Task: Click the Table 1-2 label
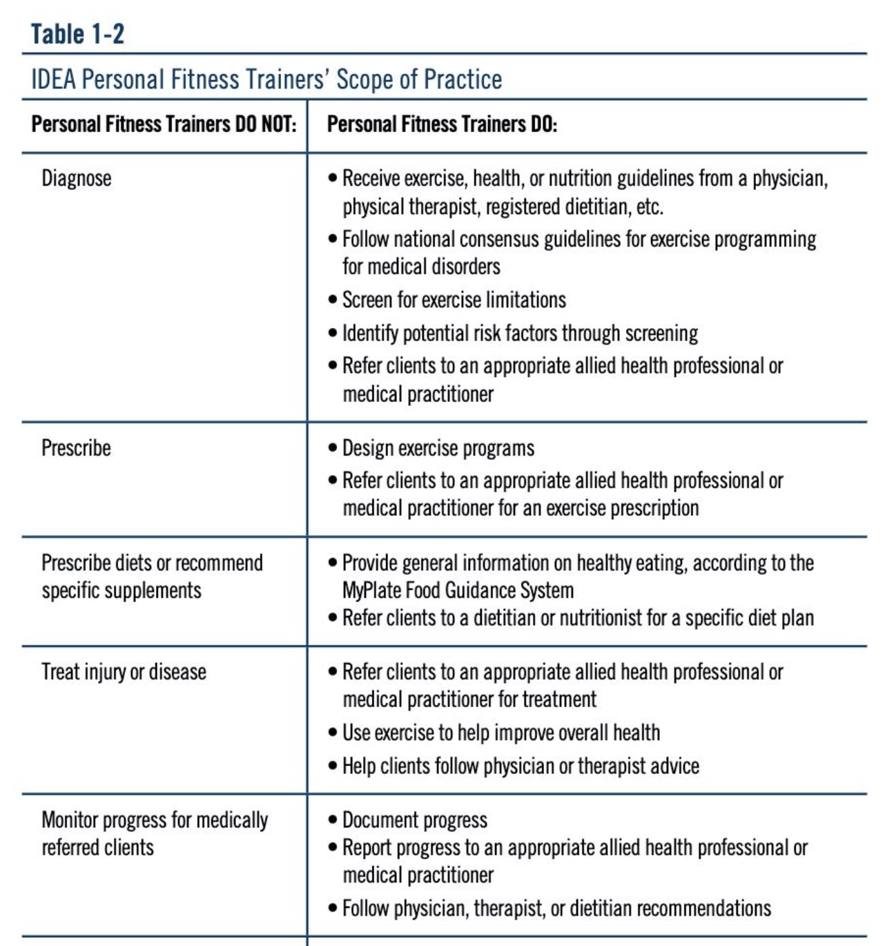(x=77, y=33)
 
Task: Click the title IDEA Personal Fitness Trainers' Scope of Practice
(x=266, y=79)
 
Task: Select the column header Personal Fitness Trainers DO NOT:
(x=164, y=124)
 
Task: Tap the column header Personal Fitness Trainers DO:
(x=442, y=124)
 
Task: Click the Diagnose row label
(x=76, y=178)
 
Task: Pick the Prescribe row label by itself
(x=76, y=448)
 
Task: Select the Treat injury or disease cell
(x=124, y=671)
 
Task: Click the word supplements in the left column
(x=161, y=590)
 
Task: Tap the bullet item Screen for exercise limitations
(x=454, y=300)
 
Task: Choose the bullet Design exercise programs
(x=438, y=448)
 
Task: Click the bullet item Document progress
(x=414, y=820)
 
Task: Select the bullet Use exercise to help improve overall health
(x=500, y=732)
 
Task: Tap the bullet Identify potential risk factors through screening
(x=519, y=333)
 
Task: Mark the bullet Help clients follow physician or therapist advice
(x=521, y=766)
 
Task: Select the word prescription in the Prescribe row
(x=655, y=508)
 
